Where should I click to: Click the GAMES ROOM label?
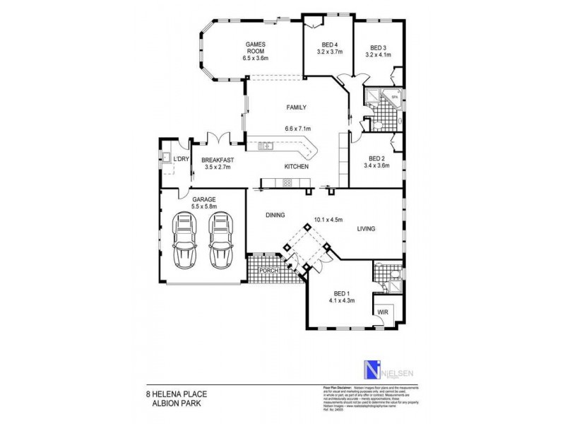pos(255,47)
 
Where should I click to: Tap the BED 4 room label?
pos(329,45)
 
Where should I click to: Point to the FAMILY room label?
pos(296,107)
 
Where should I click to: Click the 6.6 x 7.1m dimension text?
pos(298,129)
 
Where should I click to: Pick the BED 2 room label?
pos(376,159)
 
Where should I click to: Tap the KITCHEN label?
pos(297,167)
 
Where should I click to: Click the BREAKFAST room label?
pos(218,160)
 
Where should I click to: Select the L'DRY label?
pos(182,160)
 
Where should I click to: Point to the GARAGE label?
pos(203,200)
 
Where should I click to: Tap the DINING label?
pos(275,215)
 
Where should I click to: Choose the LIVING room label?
pos(366,229)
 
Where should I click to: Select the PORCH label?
pos(268,271)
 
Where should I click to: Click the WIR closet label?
pos(382,312)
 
